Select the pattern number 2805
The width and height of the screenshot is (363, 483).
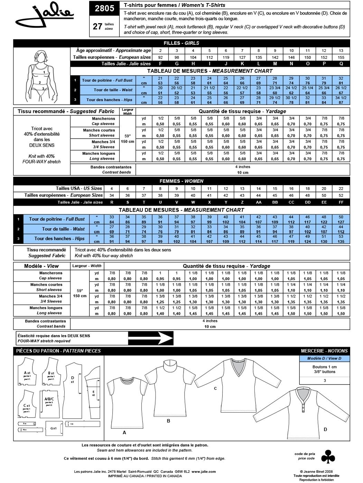tap(104, 8)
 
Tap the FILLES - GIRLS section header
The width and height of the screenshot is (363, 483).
tap(181, 43)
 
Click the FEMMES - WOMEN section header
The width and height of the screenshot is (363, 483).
tap(181, 181)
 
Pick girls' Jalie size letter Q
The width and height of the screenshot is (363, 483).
tap(341, 64)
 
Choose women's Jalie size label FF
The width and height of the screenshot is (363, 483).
tap(341, 202)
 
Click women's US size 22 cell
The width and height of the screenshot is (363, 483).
tap(341, 189)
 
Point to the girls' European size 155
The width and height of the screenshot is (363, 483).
tap(341, 57)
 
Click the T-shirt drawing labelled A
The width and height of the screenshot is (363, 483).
tap(124, 402)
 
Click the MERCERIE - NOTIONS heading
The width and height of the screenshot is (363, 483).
tap(324, 351)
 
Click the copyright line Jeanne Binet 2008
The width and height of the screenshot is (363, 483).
tap(316, 471)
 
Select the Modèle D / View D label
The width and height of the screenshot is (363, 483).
tap(324, 358)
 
